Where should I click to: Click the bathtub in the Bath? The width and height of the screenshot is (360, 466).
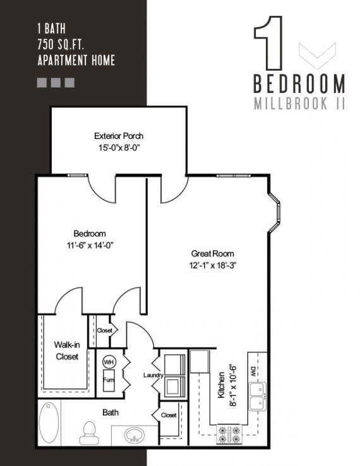click(x=49, y=422)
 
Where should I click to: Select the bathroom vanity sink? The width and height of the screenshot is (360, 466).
click(x=135, y=435)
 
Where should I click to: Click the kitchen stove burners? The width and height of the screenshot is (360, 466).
click(x=229, y=434)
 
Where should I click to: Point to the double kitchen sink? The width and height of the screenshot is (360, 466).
click(x=258, y=397)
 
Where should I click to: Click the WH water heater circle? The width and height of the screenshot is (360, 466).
click(x=109, y=362)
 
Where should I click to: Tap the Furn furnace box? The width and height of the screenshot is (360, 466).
click(x=109, y=380)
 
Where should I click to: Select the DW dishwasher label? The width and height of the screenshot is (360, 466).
click(x=254, y=373)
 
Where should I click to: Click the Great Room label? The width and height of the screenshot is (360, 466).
click(x=212, y=253)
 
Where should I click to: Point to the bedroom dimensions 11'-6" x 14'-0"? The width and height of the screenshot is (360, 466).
click(x=90, y=246)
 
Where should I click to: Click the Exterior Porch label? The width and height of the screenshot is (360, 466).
click(x=119, y=136)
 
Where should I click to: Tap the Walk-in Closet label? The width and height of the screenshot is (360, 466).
click(x=67, y=350)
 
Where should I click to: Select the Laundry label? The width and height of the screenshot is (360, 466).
click(x=153, y=375)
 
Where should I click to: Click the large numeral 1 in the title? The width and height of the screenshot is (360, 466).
click(x=268, y=43)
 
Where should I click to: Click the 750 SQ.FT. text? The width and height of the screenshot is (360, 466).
click(x=61, y=45)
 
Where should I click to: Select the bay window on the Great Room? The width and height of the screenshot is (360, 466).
click(x=275, y=212)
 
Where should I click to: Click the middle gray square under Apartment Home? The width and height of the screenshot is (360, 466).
click(x=56, y=83)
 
